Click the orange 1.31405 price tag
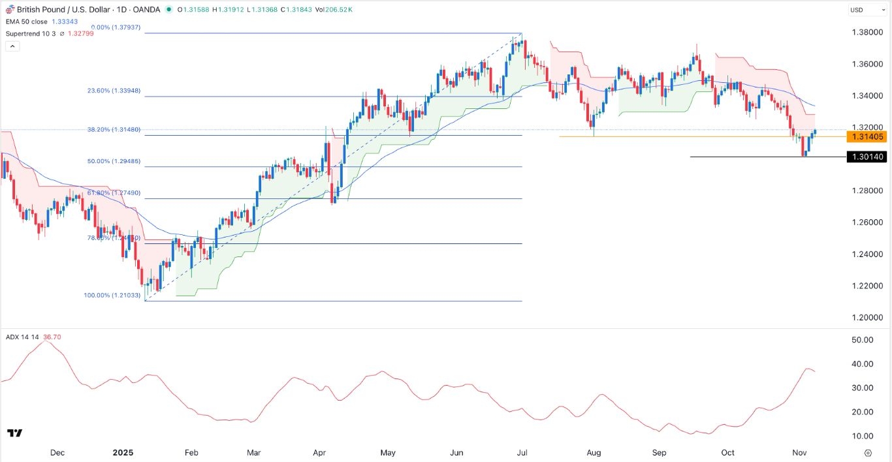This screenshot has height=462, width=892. tap(865, 136)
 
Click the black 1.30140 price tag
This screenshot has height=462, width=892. tap(865, 157)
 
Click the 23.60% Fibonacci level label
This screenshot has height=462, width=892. tap(114, 91)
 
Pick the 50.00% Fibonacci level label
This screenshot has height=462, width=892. tap(114, 161)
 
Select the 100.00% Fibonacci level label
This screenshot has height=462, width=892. tap(112, 296)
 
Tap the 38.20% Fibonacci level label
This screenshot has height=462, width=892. tap(114, 130)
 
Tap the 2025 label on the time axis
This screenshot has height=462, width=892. tap(123, 453)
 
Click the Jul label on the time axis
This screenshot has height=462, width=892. tap(522, 453)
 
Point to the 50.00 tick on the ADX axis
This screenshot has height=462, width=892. tap(863, 340)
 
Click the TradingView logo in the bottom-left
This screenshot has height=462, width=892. tap(15, 433)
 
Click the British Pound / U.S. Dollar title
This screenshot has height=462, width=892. tap(57, 9)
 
